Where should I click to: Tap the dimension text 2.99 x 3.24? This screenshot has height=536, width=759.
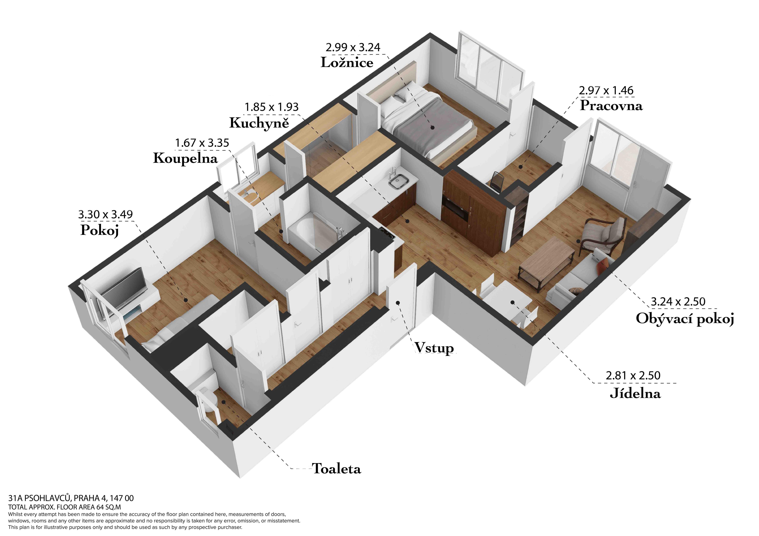[x=353, y=47]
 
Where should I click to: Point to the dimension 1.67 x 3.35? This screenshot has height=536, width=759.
[x=202, y=143]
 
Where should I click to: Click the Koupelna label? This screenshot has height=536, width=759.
[x=185, y=158]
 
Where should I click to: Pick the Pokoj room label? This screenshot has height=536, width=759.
[x=99, y=230]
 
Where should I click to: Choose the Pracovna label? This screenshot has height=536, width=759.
[x=611, y=106]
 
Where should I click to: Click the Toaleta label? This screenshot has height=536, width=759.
[x=337, y=469]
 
